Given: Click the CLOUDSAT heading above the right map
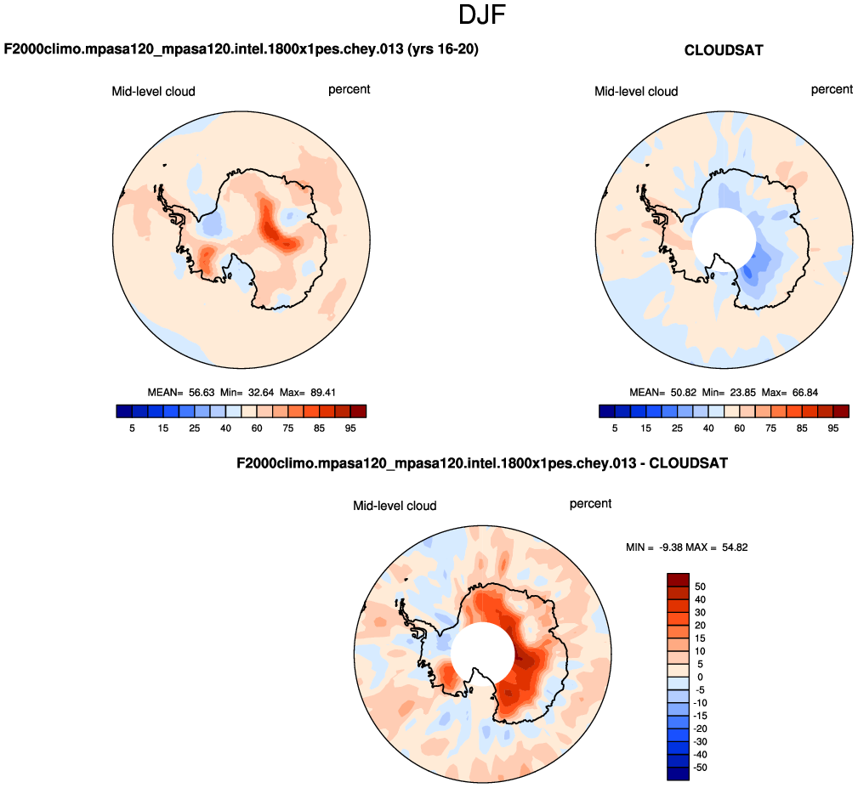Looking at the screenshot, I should pyautogui.click(x=724, y=51).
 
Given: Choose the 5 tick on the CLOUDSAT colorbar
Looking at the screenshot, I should pyautogui.click(x=615, y=428).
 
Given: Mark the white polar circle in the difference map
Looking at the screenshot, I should pyautogui.click(x=482, y=654).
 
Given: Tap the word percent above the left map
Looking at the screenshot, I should pyautogui.click(x=349, y=89).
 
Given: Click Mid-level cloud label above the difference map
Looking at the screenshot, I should pyautogui.click(x=395, y=506).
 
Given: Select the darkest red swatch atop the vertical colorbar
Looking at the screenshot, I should pyautogui.click(x=678, y=579).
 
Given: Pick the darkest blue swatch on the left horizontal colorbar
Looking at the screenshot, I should pyautogui.click(x=123, y=411).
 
